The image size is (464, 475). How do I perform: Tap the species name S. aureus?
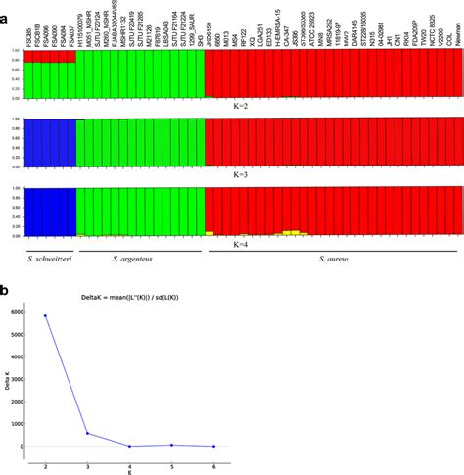click(335, 259)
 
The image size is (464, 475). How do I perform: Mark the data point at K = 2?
click(46, 315)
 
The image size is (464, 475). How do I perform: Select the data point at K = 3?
click(88, 433)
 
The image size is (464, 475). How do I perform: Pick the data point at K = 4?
click(130, 446)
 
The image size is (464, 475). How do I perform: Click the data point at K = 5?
click(172, 445)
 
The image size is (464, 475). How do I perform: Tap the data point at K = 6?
click(214, 446)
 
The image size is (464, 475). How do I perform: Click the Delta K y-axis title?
click(6, 380)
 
